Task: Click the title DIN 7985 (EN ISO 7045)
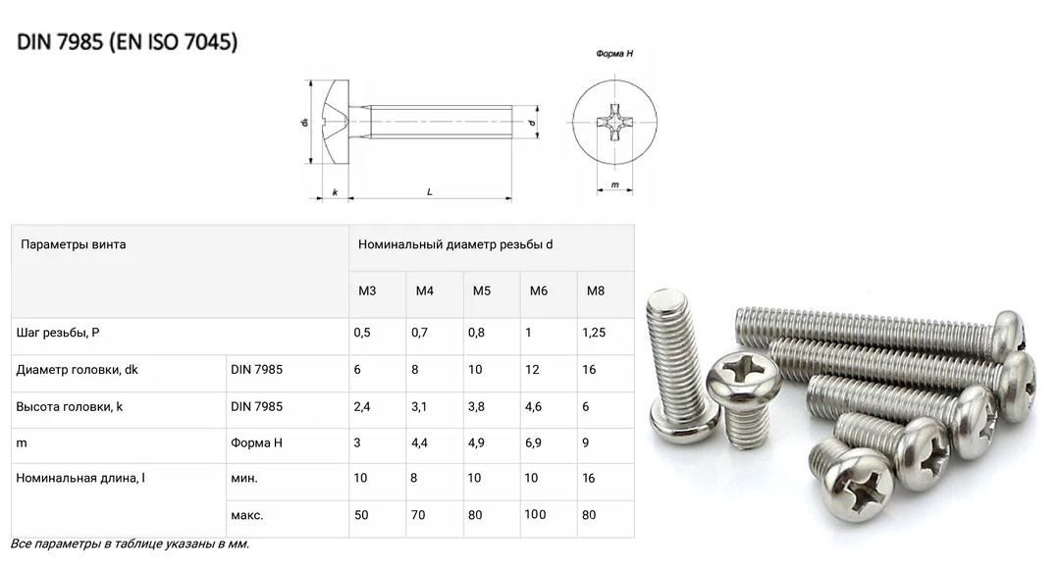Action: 127,42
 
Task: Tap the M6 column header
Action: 539,290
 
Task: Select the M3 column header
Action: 367,290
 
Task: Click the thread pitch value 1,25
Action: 594,333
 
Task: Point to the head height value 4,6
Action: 533,407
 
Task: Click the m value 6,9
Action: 533,443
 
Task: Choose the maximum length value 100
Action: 535,514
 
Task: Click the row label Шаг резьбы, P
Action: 57,333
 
